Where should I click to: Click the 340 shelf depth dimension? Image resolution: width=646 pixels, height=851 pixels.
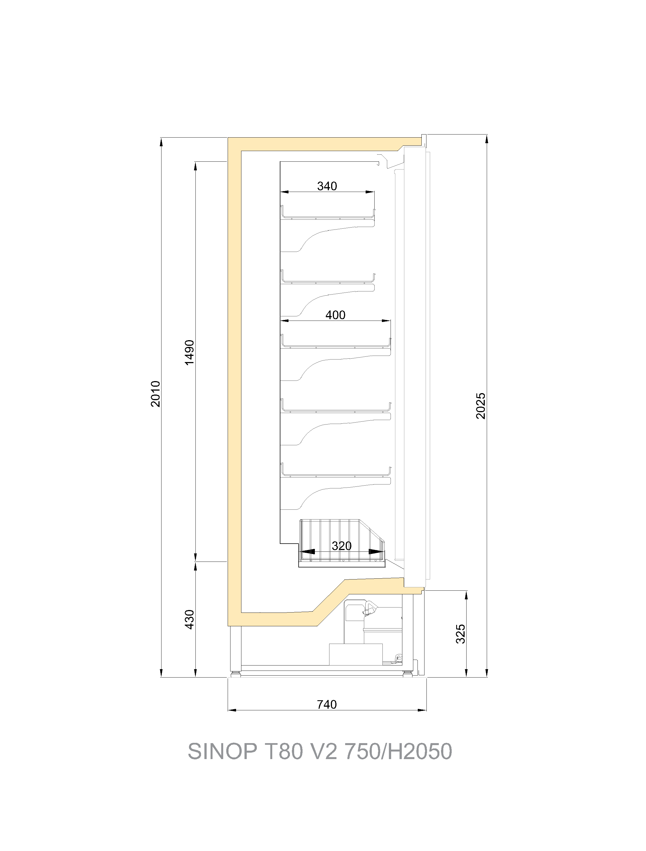[x=327, y=186]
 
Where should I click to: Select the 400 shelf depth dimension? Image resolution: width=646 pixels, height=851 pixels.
[x=335, y=315]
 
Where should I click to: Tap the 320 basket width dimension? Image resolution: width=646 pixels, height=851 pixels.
[x=342, y=546]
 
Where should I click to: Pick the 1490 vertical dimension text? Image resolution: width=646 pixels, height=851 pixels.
[x=190, y=353]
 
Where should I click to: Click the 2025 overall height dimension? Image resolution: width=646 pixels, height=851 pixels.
[x=481, y=406]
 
